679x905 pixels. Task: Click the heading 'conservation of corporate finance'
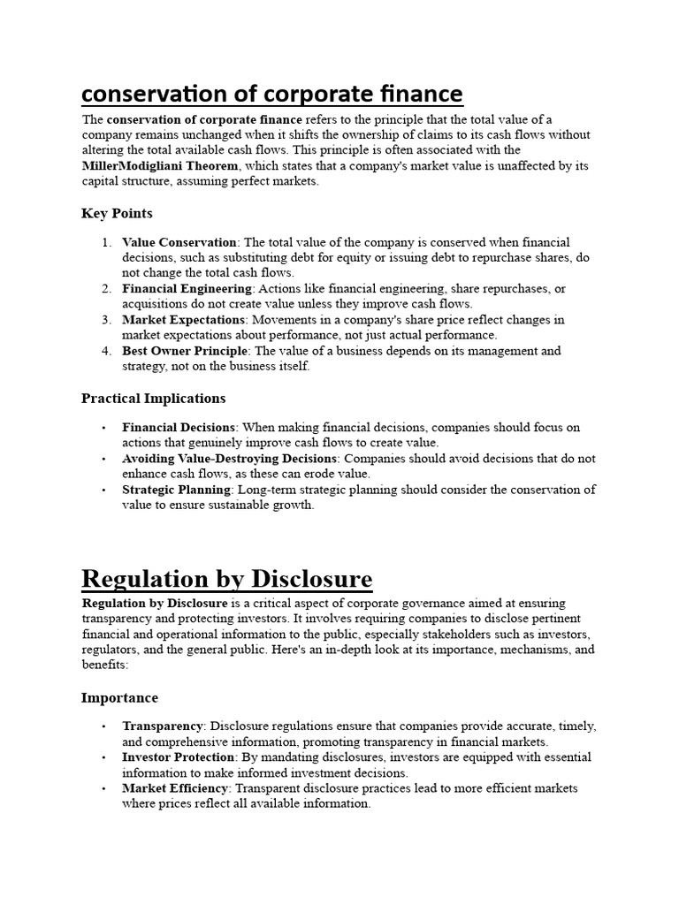pyautogui.click(x=272, y=94)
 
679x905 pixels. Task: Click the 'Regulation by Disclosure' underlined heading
pyautogui.click(x=226, y=579)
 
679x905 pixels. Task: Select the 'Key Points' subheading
pyautogui.click(x=117, y=213)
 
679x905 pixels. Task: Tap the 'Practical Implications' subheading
pyautogui.click(x=153, y=399)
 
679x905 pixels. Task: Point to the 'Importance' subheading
pyautogui.click(x=119, y=698)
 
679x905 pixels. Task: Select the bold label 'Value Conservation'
pyautogui.click(x=179, y=242)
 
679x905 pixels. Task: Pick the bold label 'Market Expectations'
pyautogui.click(x=182, y=320)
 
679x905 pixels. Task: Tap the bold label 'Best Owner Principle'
pyautogui.click(x=185, y=351)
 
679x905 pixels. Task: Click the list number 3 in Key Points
pyautogui.click(x=106, y=320)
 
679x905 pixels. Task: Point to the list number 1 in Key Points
pyautogui.click(x=106, y=242)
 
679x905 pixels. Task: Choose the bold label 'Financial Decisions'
pyautogui.click(x=179, y=428)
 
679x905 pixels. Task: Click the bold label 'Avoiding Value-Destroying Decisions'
pyautogui.click(x=230, y=459)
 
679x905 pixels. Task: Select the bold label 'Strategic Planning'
pyautogui.click(x=177, y=490)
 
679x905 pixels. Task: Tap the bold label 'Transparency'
pyautogui.click(x=163, y=726)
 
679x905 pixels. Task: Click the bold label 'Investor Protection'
pyautogui.click(x=179, y=757)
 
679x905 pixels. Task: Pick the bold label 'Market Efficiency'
pyautogui.click(x=173, y=788)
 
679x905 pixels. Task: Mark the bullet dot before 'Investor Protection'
pyautogui.click(x=103, y=758)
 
